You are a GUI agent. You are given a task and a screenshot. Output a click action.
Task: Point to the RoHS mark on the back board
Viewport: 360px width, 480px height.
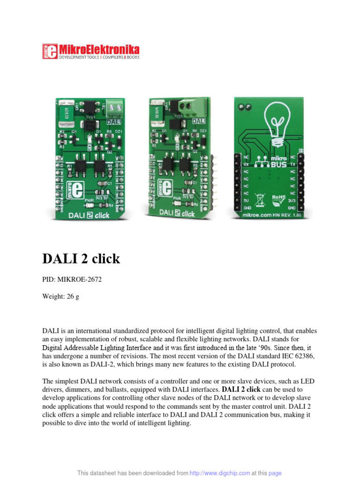[x=278, y=198]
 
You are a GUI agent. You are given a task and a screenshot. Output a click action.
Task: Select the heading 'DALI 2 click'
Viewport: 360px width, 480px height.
[x=81, y=259]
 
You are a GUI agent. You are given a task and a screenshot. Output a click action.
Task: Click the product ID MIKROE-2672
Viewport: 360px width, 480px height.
[x=79, y=280]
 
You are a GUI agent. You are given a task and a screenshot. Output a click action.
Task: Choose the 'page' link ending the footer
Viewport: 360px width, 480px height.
[x=275, y=473]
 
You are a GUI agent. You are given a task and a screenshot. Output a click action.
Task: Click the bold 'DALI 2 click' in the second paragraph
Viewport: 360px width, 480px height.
[x=241, y=390]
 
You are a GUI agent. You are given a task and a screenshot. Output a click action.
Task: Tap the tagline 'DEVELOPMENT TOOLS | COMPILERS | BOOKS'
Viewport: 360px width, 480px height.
[x=98, y=57]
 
